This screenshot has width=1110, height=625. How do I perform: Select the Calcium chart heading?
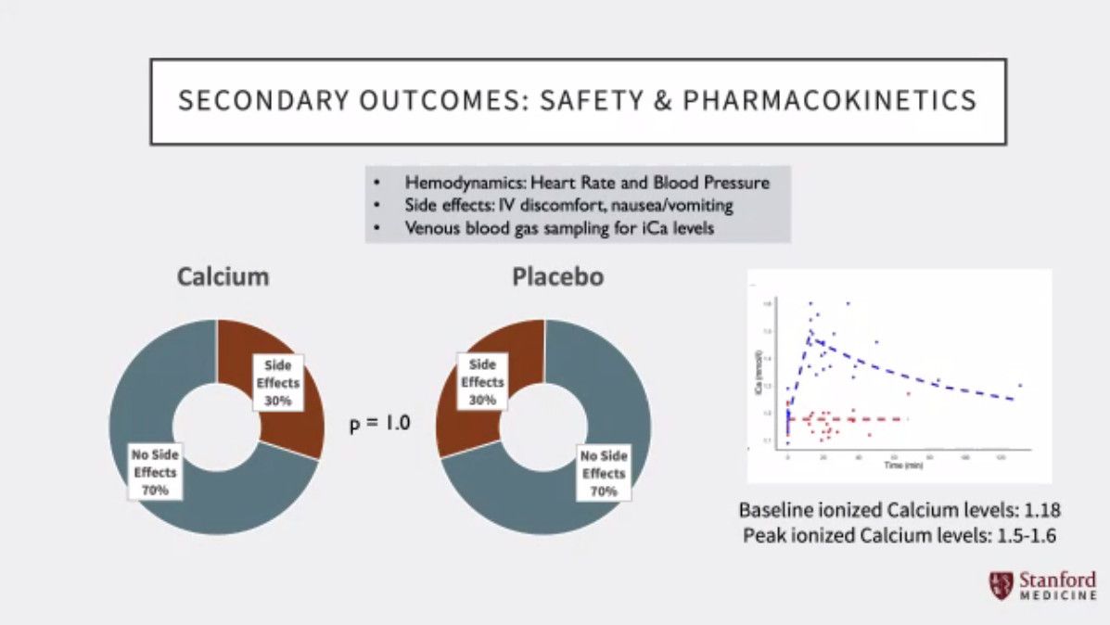[x=223, y=276]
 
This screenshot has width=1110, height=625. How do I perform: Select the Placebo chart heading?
[x=556, y=276]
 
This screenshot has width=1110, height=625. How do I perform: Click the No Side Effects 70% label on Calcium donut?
[x=155, y=471]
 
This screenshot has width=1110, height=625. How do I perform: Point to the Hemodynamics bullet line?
[x=586, y=183]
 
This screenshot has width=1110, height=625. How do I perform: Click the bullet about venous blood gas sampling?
[x=559, y=228]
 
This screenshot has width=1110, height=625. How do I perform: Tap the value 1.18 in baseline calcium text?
[x=1040, y=511]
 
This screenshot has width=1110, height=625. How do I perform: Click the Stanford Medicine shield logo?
[x=1001, y=585]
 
